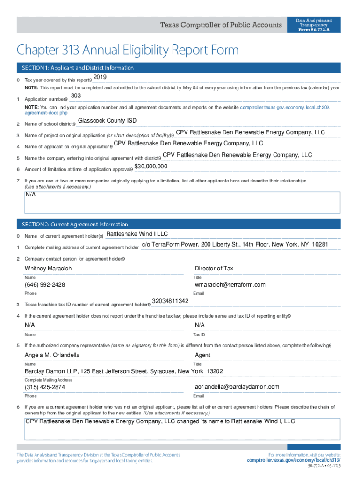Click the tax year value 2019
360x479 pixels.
pyautogui.click(x=100, y=77)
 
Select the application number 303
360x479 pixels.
pyautogui.click(x=76, y=96)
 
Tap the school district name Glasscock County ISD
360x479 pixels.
pyautogui.click(x=107, y=121)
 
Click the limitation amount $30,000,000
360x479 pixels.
pyautogui.click(x=151, y=167)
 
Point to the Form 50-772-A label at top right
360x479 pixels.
pyautogui.click(x=314, y=29)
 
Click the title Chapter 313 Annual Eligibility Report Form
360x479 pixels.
pyautogui.click(x=128, y=50)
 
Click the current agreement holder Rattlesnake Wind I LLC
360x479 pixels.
pyautogui.click(x=137, y=234)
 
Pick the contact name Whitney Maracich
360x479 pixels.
pyautogui.click(x=48, y=269)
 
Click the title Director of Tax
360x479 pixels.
pyautogui.click(x=214, y=269)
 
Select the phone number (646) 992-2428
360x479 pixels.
pyautogui.click(x=45, y=285)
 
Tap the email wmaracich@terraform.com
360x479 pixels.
pyautogui.click(x=230, y=285)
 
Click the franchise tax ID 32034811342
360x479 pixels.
pyautogui.click(x=170, y=301)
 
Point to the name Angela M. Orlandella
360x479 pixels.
pyautogui.click(x=52, y=355)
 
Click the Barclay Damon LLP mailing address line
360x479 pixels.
pyautogui.click(x=124, y=371)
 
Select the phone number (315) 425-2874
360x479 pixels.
pyautogui.click(x=45, y=387)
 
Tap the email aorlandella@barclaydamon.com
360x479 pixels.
pyautogui.click(x=237, y=387)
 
